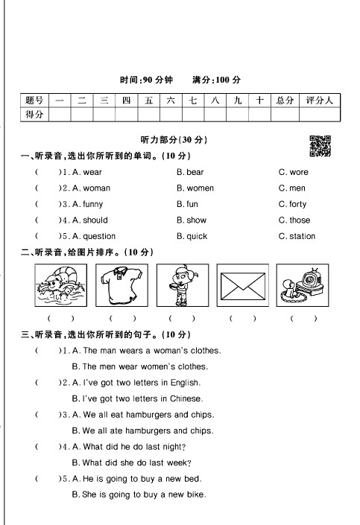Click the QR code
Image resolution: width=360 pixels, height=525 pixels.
pos(319,146)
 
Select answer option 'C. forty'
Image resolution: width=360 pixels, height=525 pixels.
pos(292,204)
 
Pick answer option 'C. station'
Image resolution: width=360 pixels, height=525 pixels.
pos(297,237)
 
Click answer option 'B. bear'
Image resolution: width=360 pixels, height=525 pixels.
pos(190,172)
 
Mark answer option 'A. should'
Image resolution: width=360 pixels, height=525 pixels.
pos(89,220)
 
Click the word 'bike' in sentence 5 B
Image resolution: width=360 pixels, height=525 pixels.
pos(196,495)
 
